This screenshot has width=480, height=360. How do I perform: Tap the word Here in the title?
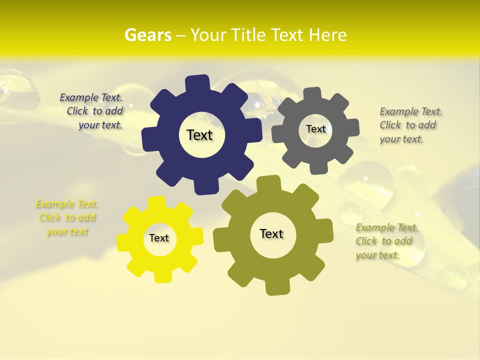[x=328, y=35]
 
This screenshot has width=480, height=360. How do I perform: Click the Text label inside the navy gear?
[x=199, y=135]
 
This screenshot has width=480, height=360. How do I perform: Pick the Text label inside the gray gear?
[x=315, y=129]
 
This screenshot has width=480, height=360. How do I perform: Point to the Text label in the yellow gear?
[x=159, y=238]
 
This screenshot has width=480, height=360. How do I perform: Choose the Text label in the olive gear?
[x=271, y=233]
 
